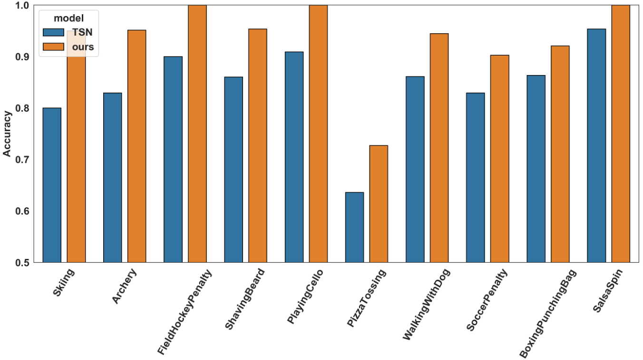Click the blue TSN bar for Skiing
pyautogui.click(x=52, y=185)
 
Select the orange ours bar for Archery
pyautogui.click(x=136, y=146)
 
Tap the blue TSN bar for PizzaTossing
pyautogui.click(x=354, y=227)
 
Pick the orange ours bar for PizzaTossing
pyautogui.click(x=379, y=204)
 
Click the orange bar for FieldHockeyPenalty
pyautogui.click(x=197, y=134)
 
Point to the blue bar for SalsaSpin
pyautogui.click(x=596, y=146)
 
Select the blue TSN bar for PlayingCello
pyautogui.click(x=294, y=157)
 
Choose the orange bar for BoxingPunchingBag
pyautogui.click(x=560, y=154)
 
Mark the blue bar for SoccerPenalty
pyautogui.click(x=476, y=178)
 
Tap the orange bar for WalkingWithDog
pyautogui.click(x=439, y=148)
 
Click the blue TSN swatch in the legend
pyautogui.click(x=53, y=32)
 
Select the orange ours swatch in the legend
pyautogui.click(x=53, y=47)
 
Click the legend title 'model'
pyautogui.click(x=69, y=18)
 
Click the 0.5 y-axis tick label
pyautogui.click(x=22, y=263)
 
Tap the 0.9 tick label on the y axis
pyautogui.click(x=22, y=57)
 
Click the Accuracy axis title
pyautogui.click(x=7, y=134)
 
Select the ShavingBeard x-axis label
pyautogui.click(x=244, y=299)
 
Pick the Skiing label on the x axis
pyautogui.click(x=63, y=282)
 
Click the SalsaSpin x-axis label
pyautogui.click(x=608, y=291)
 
